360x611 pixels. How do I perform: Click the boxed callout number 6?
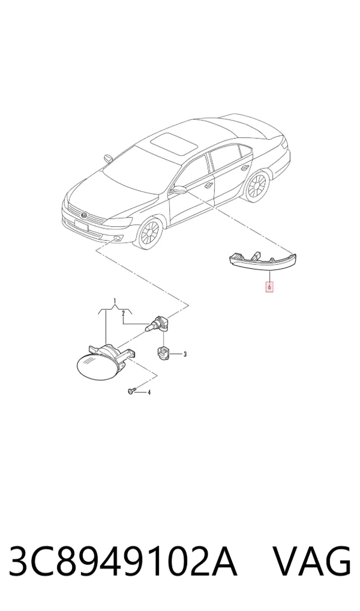[269, 287]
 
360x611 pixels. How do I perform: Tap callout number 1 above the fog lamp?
[115, 301]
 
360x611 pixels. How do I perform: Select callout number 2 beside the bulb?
[123, 313]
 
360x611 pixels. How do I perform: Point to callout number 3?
[185, 354]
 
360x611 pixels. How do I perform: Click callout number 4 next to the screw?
[149, 392]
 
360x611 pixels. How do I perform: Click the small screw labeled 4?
[131, 390]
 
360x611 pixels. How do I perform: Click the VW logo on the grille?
[84, 215]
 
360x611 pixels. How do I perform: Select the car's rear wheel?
[257, 186]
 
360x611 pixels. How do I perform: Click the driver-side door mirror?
[179, 190]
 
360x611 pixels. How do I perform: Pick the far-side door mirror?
[108, 158]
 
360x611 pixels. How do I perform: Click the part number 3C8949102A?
[123, 562]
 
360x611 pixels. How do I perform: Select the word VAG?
[311, 562]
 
